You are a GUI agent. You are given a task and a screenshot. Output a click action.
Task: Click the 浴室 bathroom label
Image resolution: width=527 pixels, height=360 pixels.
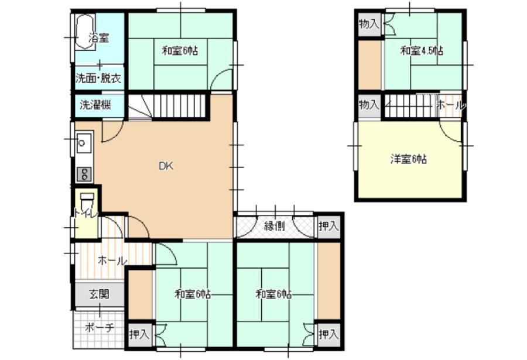coord(99,37)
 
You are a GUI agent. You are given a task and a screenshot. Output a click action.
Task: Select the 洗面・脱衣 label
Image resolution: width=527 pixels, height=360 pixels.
coord(98,78)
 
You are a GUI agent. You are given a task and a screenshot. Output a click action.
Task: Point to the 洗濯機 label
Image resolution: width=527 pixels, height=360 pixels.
coord(95,105)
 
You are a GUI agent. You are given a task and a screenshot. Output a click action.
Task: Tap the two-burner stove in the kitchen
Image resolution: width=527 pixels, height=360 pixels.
coord(84,174)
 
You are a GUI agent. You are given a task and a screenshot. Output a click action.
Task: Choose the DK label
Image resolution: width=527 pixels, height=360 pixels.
coord(166,166)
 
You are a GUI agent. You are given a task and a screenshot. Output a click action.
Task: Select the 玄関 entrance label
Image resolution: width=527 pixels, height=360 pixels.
coord(99,294)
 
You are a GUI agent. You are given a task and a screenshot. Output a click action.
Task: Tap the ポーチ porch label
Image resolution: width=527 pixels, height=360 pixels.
coord(99,327)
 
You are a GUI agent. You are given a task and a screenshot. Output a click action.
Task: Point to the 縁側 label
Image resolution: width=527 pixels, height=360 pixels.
coord(275,226)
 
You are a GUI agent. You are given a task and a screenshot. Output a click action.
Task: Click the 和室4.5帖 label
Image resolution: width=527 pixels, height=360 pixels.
coord(421,51)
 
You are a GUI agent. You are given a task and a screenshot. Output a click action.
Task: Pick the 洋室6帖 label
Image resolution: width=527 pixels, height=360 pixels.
coord(408,159)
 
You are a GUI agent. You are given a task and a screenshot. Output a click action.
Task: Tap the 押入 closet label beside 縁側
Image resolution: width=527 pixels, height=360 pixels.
coord(328,226)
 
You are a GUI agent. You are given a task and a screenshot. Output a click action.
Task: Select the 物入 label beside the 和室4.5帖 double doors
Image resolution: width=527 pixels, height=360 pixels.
coord(369,24)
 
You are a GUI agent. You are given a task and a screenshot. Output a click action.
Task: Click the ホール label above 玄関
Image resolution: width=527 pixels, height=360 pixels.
coord(112,260)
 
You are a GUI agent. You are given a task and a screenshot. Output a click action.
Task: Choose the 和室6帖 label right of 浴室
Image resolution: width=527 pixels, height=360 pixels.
coord(180,51)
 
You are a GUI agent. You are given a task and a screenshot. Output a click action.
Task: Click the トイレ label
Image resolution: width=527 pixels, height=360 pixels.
coord(85,213)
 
